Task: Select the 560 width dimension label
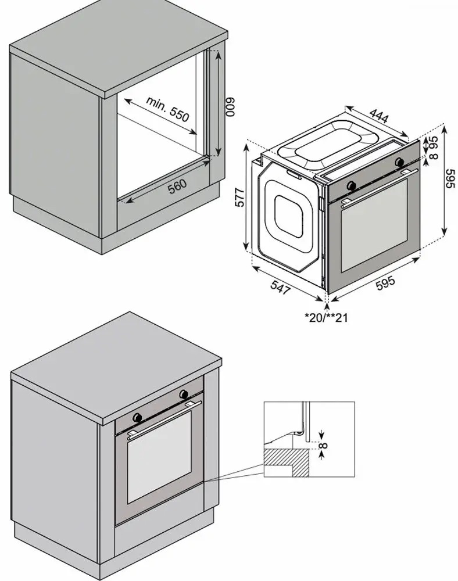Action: [x=177, y=185]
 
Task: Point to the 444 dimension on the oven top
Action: [x=379, y=116]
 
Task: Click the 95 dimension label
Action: [x=432, y=142]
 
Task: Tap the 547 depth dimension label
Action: [x=280, y=288]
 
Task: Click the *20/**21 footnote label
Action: [x=327, y=317]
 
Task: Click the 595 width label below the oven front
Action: [x=385, y=283]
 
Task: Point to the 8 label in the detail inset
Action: [x=324, y=447]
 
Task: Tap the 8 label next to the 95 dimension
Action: [x=432, y=155]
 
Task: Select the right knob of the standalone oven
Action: [x=399, y=162]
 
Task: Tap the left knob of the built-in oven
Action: [x=138, y=417]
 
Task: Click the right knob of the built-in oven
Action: [x=184, y=394]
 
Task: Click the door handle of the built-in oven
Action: [x=164, y=418]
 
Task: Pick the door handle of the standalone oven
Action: [x=378, y=185]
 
